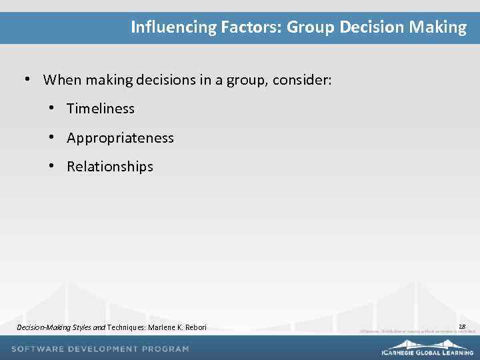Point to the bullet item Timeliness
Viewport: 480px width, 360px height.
(101, 109)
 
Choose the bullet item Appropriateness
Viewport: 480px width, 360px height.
(120, 138)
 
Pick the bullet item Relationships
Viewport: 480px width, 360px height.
(110, 167)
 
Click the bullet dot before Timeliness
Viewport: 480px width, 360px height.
(51, 108)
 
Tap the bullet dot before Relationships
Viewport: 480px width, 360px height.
(51, 166)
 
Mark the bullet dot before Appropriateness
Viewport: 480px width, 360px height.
(51, 137)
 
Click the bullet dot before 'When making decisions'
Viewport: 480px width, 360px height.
(27, 79)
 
